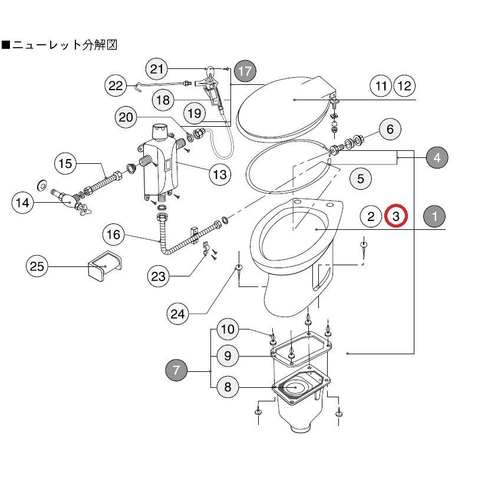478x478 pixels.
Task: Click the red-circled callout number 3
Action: [x=396, y=216]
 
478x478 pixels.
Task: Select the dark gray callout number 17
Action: [x=245, y=71]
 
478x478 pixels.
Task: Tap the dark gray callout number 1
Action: [x=435, y=216]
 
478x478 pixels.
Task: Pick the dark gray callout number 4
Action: [x=436, y=157]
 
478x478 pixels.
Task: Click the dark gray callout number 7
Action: [x=176, y=371]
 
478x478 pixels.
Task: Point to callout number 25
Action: [x=37, y=267]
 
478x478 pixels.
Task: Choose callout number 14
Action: [x=23, y=203]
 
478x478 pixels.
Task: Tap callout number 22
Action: [x=116, y=85]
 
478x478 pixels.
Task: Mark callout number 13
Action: [x=219, y=174]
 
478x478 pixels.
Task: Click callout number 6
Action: [x=390, y=128]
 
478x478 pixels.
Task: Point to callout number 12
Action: [x=404, y=86]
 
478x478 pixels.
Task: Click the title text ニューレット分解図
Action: [x=61, y=45]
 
